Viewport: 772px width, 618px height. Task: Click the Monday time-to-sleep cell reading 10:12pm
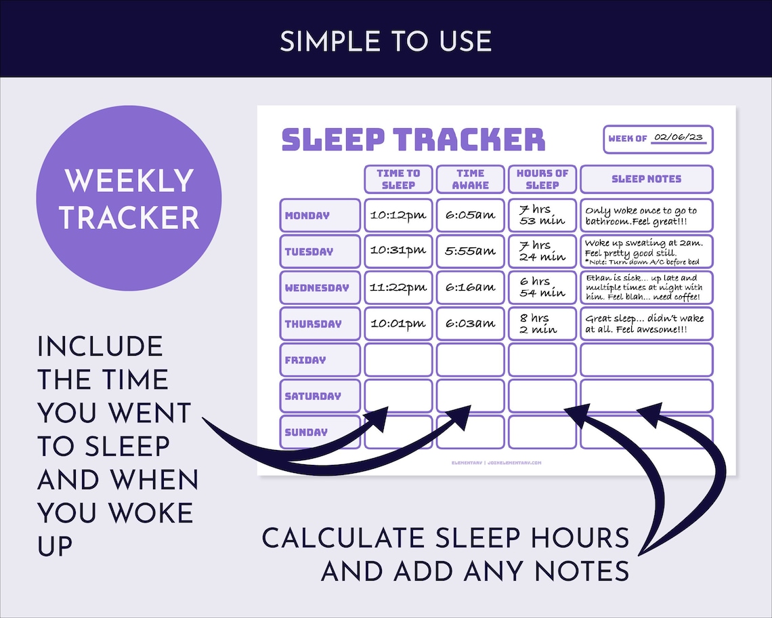[398, 215]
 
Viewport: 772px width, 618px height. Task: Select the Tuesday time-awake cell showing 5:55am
[470, 251]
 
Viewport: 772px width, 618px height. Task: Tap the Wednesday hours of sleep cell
[542, 287]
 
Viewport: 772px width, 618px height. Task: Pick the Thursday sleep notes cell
[646, 323]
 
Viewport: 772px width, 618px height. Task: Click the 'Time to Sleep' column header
[398, 179]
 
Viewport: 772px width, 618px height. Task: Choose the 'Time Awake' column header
[470, 179]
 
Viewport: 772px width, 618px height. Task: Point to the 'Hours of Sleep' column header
[542, 179]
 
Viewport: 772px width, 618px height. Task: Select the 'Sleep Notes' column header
[646, 179]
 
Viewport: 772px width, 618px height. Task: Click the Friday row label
[320, 360]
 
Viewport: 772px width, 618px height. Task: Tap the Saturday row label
[320, 396]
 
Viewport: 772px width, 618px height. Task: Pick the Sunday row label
[320, 432]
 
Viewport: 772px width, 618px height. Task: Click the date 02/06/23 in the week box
[678, 138]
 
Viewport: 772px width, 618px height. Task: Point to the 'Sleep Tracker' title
[413, 139]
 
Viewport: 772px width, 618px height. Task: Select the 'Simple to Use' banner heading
[386, 41]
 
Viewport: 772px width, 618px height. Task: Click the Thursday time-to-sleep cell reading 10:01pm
[398, 323]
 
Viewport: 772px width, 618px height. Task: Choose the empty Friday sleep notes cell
[646, 360]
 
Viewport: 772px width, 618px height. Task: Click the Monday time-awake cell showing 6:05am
[470, 215]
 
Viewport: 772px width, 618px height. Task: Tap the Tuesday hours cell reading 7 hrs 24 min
[542, 251]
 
